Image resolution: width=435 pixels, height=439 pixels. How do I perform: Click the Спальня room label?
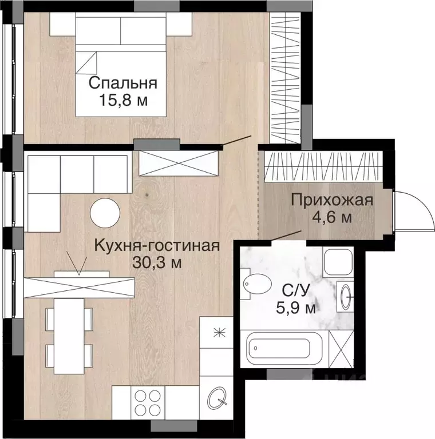(x=122, y=83)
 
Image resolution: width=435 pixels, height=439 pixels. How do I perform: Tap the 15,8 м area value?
(x=123, y=100)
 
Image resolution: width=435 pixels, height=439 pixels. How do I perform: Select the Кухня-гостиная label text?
(x=157, y=246)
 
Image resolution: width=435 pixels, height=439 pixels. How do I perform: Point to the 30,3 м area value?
(x=157, y=262)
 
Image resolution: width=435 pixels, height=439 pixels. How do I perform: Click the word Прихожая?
(x=332, y=201)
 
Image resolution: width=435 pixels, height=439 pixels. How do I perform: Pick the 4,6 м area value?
(x=332, y=217)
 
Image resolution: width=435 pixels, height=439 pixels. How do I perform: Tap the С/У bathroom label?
(x=296, y=291)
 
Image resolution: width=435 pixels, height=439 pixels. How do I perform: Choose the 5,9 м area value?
(x=296, y=308)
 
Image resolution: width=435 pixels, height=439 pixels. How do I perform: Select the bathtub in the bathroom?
(x=284, y=349)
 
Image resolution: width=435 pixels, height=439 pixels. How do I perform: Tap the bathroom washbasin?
(x=345, y=296)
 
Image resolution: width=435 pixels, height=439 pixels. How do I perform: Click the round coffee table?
(x=105, y=213)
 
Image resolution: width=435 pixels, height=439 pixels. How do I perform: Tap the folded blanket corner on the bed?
(x=86, y=63)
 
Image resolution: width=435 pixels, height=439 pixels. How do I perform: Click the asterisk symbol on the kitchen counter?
(x=219, y=333)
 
